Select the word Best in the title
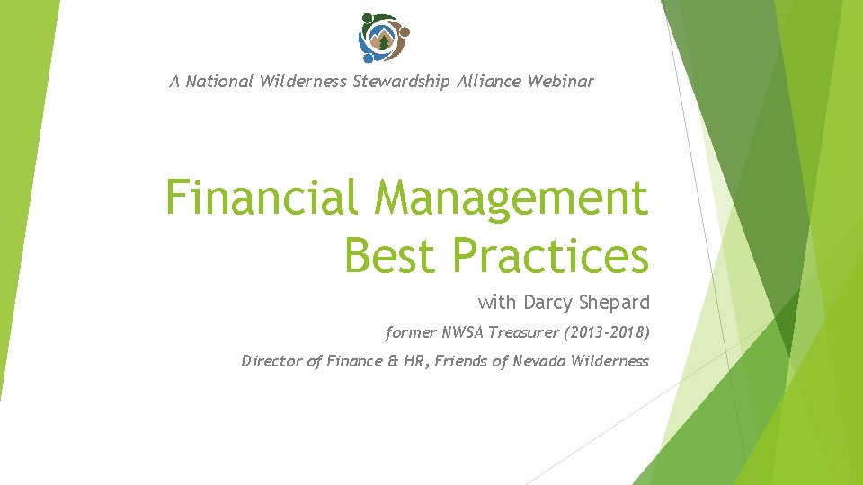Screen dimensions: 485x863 click(x=392, y=255)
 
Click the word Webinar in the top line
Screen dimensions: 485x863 click(x=560, y=82)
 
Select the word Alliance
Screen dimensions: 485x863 click(x=490, y=82)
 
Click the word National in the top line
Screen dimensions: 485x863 click(x=219, y=82)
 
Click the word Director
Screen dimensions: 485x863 click(x=271, y=361)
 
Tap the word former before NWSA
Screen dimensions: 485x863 click(x=411, y=332)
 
